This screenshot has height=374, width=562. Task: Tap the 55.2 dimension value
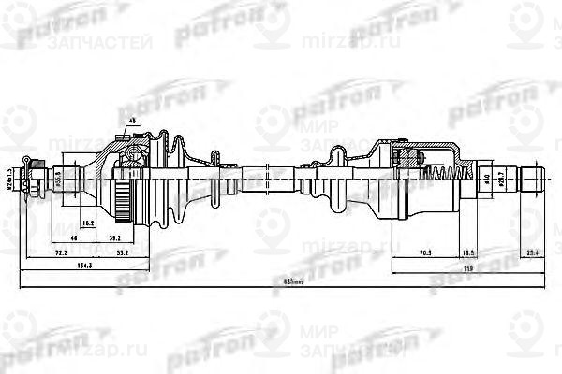[x=123, y=252]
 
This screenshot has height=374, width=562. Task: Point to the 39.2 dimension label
[x=139, y=238]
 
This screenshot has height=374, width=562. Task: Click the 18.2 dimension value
[x=87, y=225]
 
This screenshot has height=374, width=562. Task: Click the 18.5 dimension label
[x=469, y=252]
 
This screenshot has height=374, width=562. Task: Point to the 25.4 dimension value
[x=532, y=252]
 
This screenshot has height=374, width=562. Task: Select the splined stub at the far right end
[x=530, y=176]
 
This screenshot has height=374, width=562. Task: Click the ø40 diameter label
[x=487, y=175]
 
